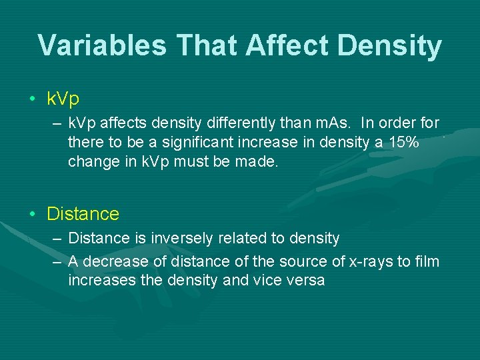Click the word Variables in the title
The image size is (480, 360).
tap(101, 45)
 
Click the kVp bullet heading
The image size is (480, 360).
tap(63, 99)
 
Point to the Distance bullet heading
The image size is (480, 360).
tap(83, 214)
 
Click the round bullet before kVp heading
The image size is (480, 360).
tap(33, 100)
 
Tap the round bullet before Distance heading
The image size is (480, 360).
tap(33, 215)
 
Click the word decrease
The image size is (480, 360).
tap(113, 261)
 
